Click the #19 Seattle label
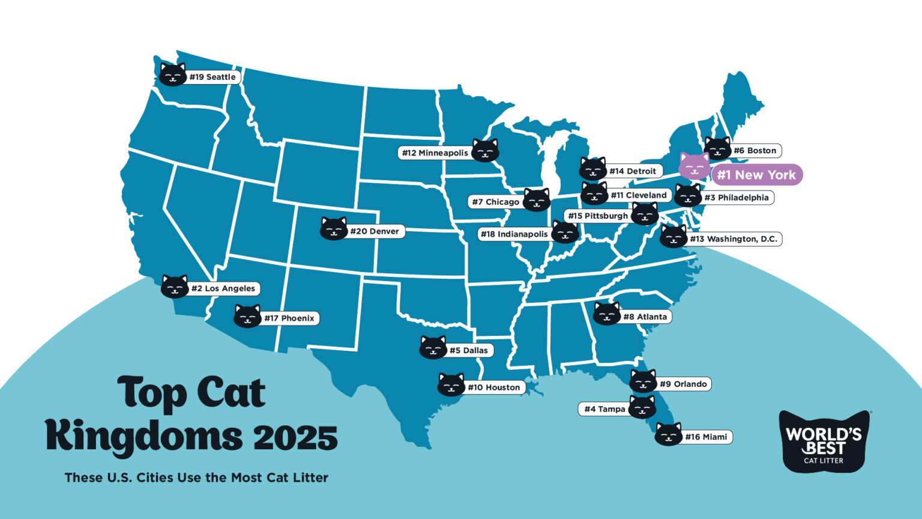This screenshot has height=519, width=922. coord(212,77)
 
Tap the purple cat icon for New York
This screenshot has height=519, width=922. coord(694,166)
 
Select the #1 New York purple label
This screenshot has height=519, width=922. coord(756,175)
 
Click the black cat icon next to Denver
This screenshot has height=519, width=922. coord(334,229)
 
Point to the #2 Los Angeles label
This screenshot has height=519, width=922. coord(223,288)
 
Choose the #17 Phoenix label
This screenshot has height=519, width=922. coord(289,318)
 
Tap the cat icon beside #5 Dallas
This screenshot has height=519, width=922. coord(433,347)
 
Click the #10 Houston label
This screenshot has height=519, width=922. coord(493,387)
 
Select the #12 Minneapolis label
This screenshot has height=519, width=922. coord(435,153)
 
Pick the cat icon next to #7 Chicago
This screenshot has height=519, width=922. coord(537,199)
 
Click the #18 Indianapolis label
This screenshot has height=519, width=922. coord(514,234)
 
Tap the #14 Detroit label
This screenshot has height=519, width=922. coord(633,171)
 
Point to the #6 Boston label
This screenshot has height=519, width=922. coord(755,151)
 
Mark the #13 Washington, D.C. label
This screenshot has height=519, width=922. coord(733,239)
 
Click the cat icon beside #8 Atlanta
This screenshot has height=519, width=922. coord(607,314)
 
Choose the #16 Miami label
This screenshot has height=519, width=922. coord(706,437)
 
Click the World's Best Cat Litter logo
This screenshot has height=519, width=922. coord(824,442)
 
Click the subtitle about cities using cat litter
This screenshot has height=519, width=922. coord(196,478)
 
